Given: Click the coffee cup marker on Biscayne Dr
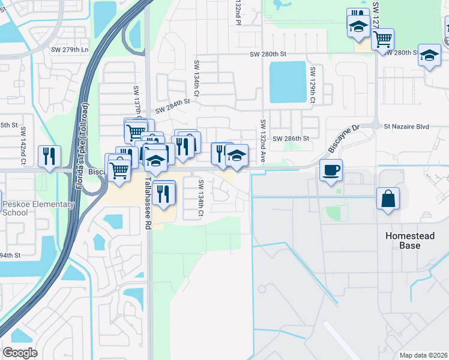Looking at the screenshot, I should tap(331, 170).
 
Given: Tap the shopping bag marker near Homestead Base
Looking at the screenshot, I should tap(388, 199).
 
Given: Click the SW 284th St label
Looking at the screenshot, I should tap(172, 106).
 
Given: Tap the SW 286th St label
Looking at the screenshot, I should tap(291, 138).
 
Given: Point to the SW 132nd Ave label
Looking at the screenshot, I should tap(263, 140).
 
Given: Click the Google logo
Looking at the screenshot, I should tap(20, 352).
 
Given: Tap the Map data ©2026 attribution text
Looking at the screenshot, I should tap(423, 355).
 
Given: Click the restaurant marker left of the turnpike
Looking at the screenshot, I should tap(49, 155).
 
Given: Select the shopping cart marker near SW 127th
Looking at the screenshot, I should tap(382, 40).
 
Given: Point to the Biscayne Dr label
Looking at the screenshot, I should tap(343, 139).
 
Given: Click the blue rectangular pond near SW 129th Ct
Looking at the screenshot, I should tap(286, 81).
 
